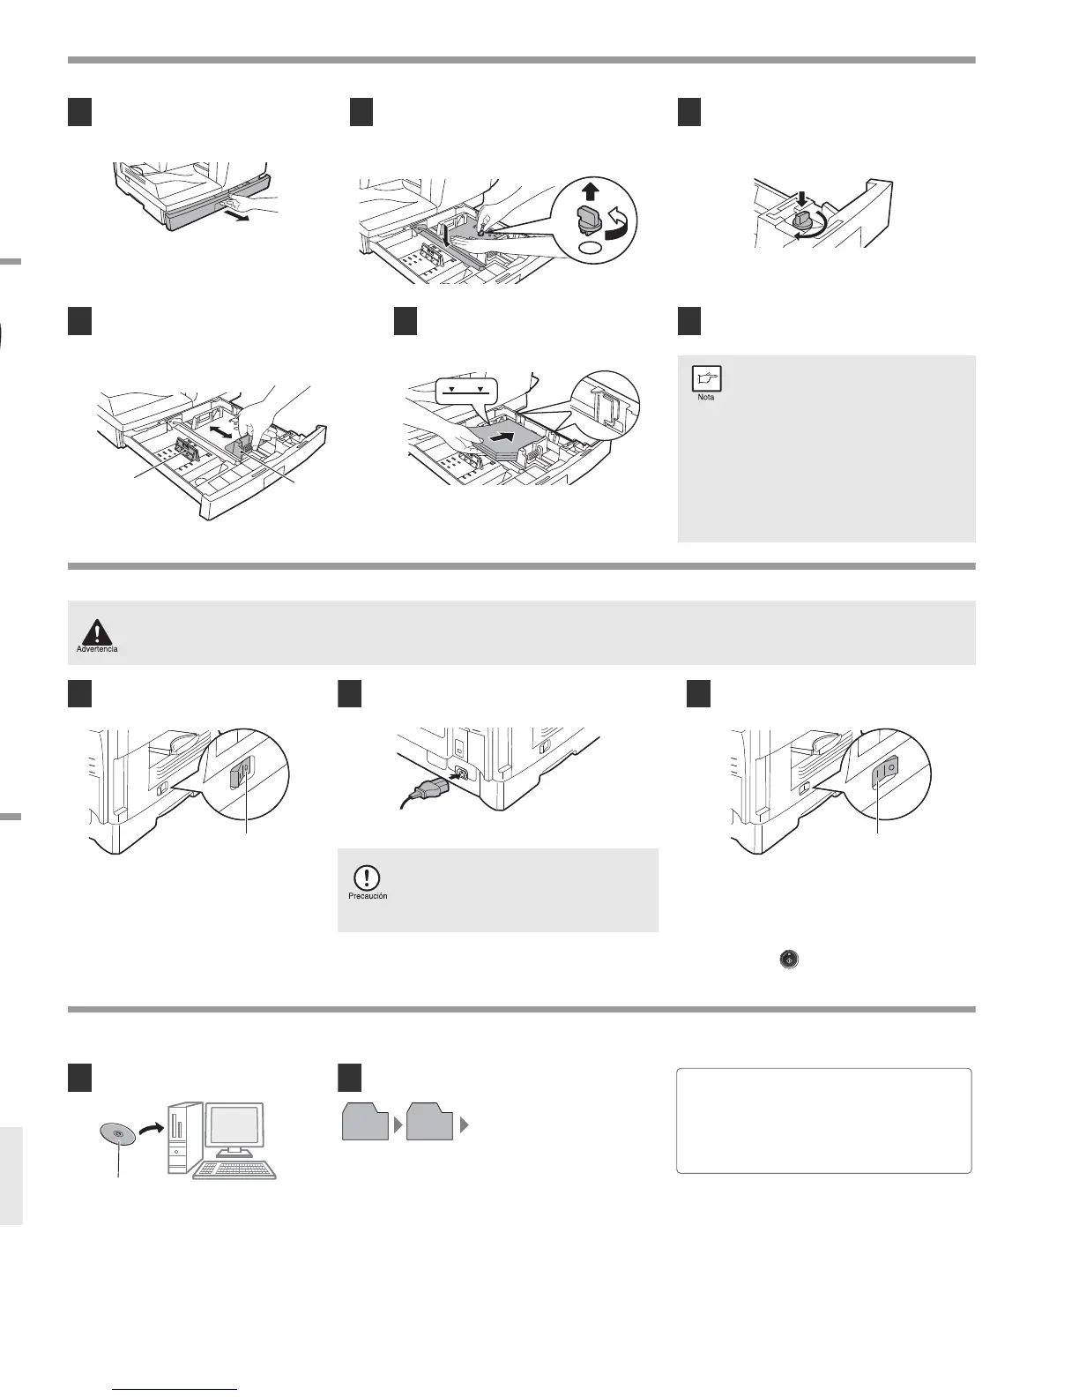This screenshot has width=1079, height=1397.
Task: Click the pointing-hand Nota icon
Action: click(x=706, y=378)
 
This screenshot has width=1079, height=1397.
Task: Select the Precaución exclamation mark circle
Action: click(x=366, y=878)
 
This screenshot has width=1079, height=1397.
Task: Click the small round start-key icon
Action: click(x=789, y=960)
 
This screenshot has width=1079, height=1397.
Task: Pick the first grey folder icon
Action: click(x=365, y=1122)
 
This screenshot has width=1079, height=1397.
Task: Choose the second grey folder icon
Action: click(x=430, y=1122)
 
